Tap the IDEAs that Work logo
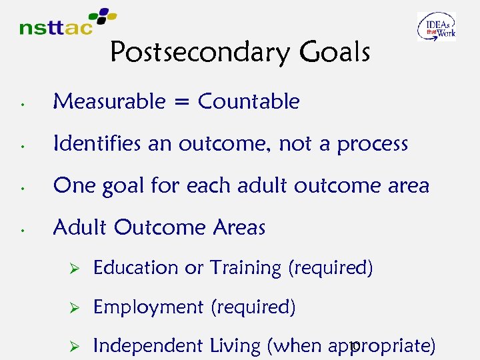437,27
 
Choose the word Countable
249,101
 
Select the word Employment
148,307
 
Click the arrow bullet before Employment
75,307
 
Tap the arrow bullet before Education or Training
75,268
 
